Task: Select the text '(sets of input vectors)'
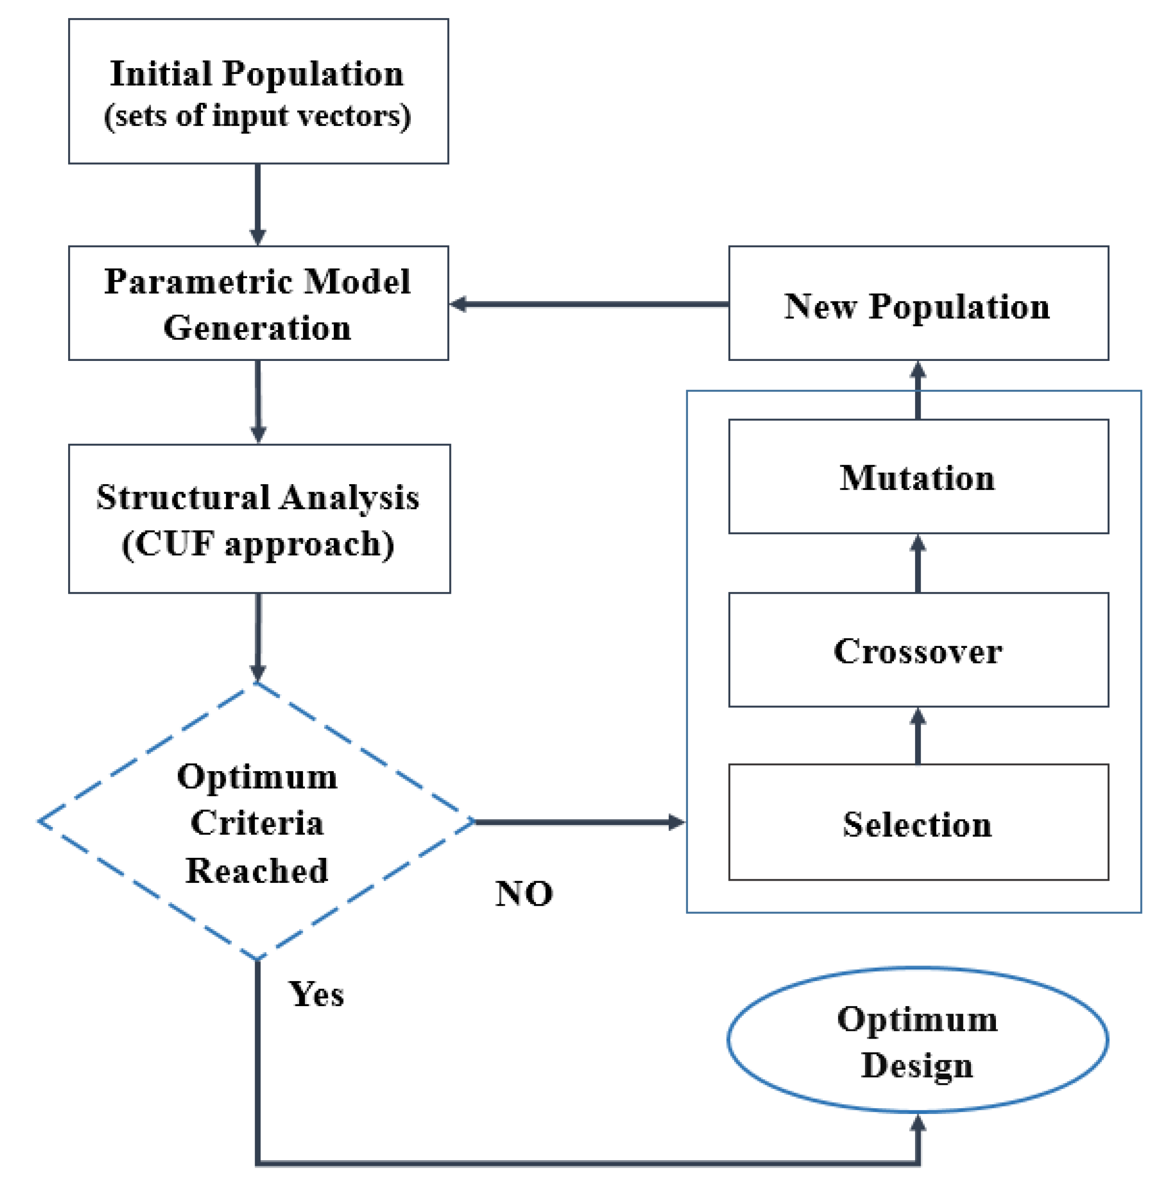click(257, 116)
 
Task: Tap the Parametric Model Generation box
click(258, 303)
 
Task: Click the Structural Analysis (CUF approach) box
click(259, 519)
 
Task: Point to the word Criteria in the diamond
click(257, 823)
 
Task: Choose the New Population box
click(918, 303)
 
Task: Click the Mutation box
click(918, 477)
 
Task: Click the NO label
click(524, 893)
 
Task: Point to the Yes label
click(316, 994)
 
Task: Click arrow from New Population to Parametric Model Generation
click(589, 304)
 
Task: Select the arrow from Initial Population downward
click(257, 203)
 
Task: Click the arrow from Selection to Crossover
click(918, 735)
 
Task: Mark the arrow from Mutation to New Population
click(918, 390)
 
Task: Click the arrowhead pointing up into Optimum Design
click(918, 1123)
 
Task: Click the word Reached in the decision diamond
click(257, 871)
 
